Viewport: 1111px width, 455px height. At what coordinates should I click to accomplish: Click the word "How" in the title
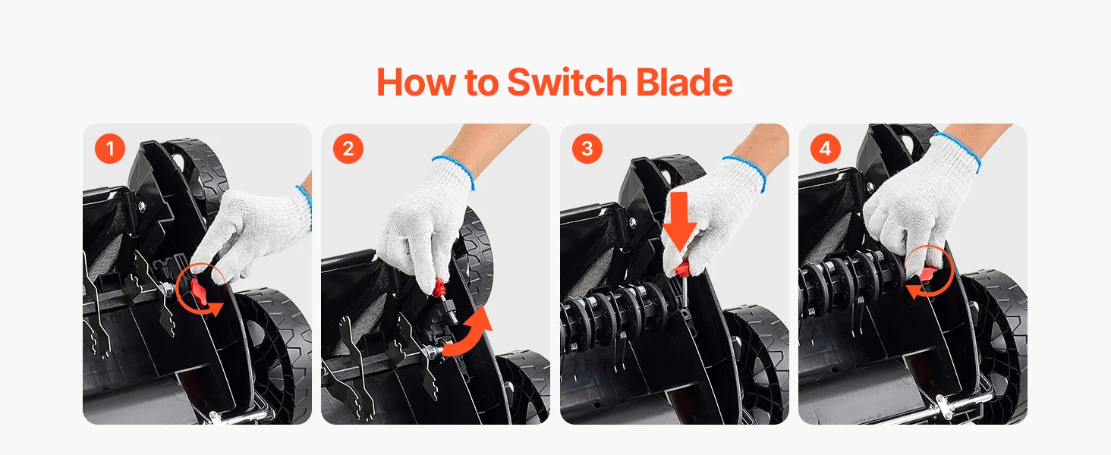coord(416,82)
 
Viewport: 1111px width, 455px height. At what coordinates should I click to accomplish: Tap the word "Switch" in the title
coord(568,82)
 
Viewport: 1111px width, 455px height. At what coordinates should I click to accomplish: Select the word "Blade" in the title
coord(685,82)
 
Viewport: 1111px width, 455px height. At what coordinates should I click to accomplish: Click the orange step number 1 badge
coord(110,148)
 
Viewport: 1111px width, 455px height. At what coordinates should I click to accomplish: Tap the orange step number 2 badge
coord(348,148)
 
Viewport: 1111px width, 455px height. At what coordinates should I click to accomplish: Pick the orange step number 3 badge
coord(587,148)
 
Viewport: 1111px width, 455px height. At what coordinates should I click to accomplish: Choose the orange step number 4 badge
coord(826,148)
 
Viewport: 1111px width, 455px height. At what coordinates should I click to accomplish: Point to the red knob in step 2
coord(439,288)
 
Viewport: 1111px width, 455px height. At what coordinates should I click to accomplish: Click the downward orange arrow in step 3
coord(679,221)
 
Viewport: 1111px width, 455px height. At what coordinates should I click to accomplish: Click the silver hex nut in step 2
coord(433,351)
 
